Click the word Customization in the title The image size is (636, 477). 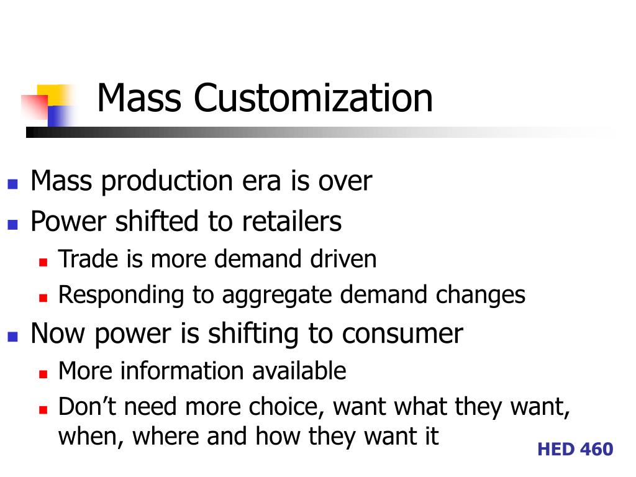click(313, 98)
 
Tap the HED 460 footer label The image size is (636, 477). click(575, 449)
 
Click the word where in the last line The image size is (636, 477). click(167, 436)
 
